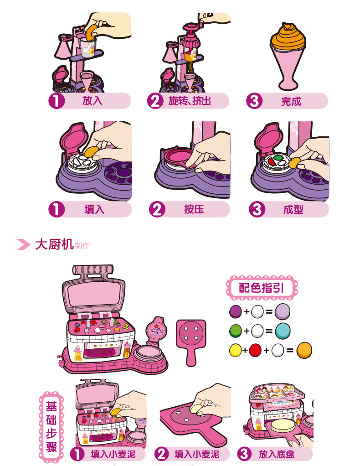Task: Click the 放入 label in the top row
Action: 93,101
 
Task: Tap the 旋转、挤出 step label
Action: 190,101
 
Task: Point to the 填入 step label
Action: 94,209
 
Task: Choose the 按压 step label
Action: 194,209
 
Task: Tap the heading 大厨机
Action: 54,244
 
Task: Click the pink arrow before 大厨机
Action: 23,244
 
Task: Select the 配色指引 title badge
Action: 262,288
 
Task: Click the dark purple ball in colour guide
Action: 235,312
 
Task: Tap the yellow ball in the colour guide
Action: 235,351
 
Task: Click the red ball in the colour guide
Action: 255,351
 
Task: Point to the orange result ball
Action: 304,351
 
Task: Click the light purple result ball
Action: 283,312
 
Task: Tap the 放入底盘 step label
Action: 277,454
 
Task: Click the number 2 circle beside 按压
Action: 156,209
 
